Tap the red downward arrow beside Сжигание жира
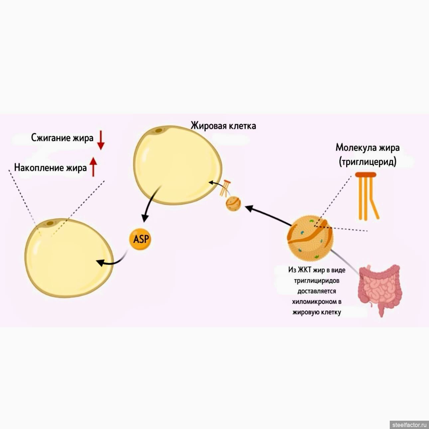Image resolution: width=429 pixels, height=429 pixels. point(101,141)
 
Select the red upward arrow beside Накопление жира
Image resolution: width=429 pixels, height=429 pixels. point(93,166)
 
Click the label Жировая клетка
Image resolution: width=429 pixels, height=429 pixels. point(223,126)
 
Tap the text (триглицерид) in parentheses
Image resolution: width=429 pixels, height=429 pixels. point(367,162)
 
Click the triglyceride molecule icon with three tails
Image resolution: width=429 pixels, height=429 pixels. point(366,196)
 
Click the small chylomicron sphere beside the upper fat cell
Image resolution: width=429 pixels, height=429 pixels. point(233,204)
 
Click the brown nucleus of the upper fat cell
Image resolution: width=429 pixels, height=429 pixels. point(157,131)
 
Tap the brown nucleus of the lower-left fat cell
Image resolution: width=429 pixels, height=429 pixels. point(51,223)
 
